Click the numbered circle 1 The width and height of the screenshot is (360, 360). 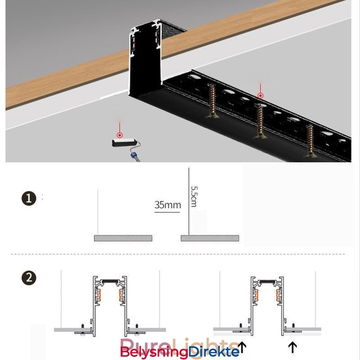[29, 198]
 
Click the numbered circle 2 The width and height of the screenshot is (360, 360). [29, 278]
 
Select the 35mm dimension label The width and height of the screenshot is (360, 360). [167, 205]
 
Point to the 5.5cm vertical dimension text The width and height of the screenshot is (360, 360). [193, 196]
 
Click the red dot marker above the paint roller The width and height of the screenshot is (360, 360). [120, 135]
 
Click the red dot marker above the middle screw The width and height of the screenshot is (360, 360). [260, 95]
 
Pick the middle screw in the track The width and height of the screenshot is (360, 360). [259, 121]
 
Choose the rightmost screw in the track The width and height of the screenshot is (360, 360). [310, 141]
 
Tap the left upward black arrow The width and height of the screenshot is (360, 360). [243, 347]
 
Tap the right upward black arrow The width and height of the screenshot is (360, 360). [293, 347]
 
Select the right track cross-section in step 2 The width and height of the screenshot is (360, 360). [267, 304]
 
